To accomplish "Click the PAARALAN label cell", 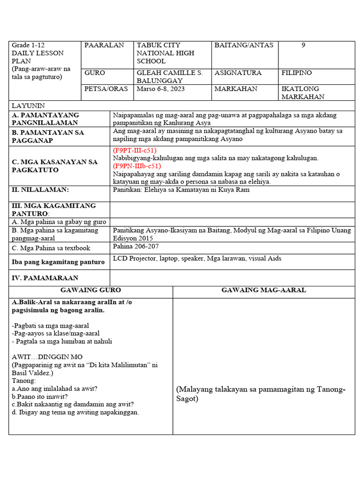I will tap(104, 45).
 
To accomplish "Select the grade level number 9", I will tap(303, 45).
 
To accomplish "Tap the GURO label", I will tap(95, 73).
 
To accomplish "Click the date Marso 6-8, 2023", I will tap(159, 89).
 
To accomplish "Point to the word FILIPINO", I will tap(296, 73).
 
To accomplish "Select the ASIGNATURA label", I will tap(238, 73).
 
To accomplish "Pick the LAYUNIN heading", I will tap(28, 106).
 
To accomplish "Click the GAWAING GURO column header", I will tap(90, 290).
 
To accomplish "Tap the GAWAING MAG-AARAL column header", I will tap(263, 290).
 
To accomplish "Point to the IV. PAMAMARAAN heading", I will tap(45, 278).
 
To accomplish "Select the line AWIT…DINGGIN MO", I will tap(47, 357).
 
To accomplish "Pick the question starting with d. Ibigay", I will tap(75, 412).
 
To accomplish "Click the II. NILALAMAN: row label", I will tap(40, 190).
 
